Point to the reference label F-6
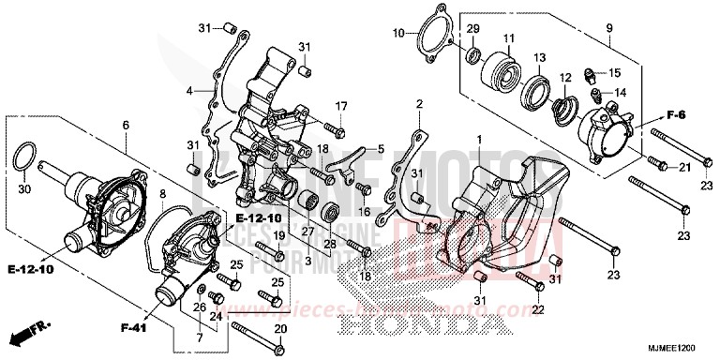[652, 115]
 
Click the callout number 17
[341, 105]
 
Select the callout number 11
[510, 38]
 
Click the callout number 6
[126, 126]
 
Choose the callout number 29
[472, 29]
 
